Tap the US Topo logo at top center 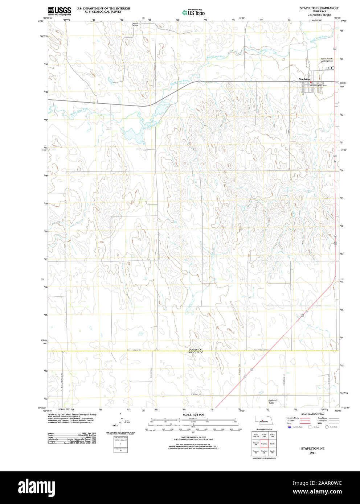point(193,13)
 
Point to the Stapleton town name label point(304,79)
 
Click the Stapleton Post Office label point(318,86)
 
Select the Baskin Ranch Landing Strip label point(326,60)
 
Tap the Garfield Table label point(272,401)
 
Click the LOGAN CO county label point(195,350)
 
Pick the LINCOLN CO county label point(195,352)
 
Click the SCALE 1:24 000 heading point(193,414)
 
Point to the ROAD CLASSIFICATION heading point(312,414)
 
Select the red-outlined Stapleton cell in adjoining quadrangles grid point(264,443)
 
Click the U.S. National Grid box point(120,438)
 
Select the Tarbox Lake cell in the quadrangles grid point(272,435)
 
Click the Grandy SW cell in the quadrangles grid point(272,452)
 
